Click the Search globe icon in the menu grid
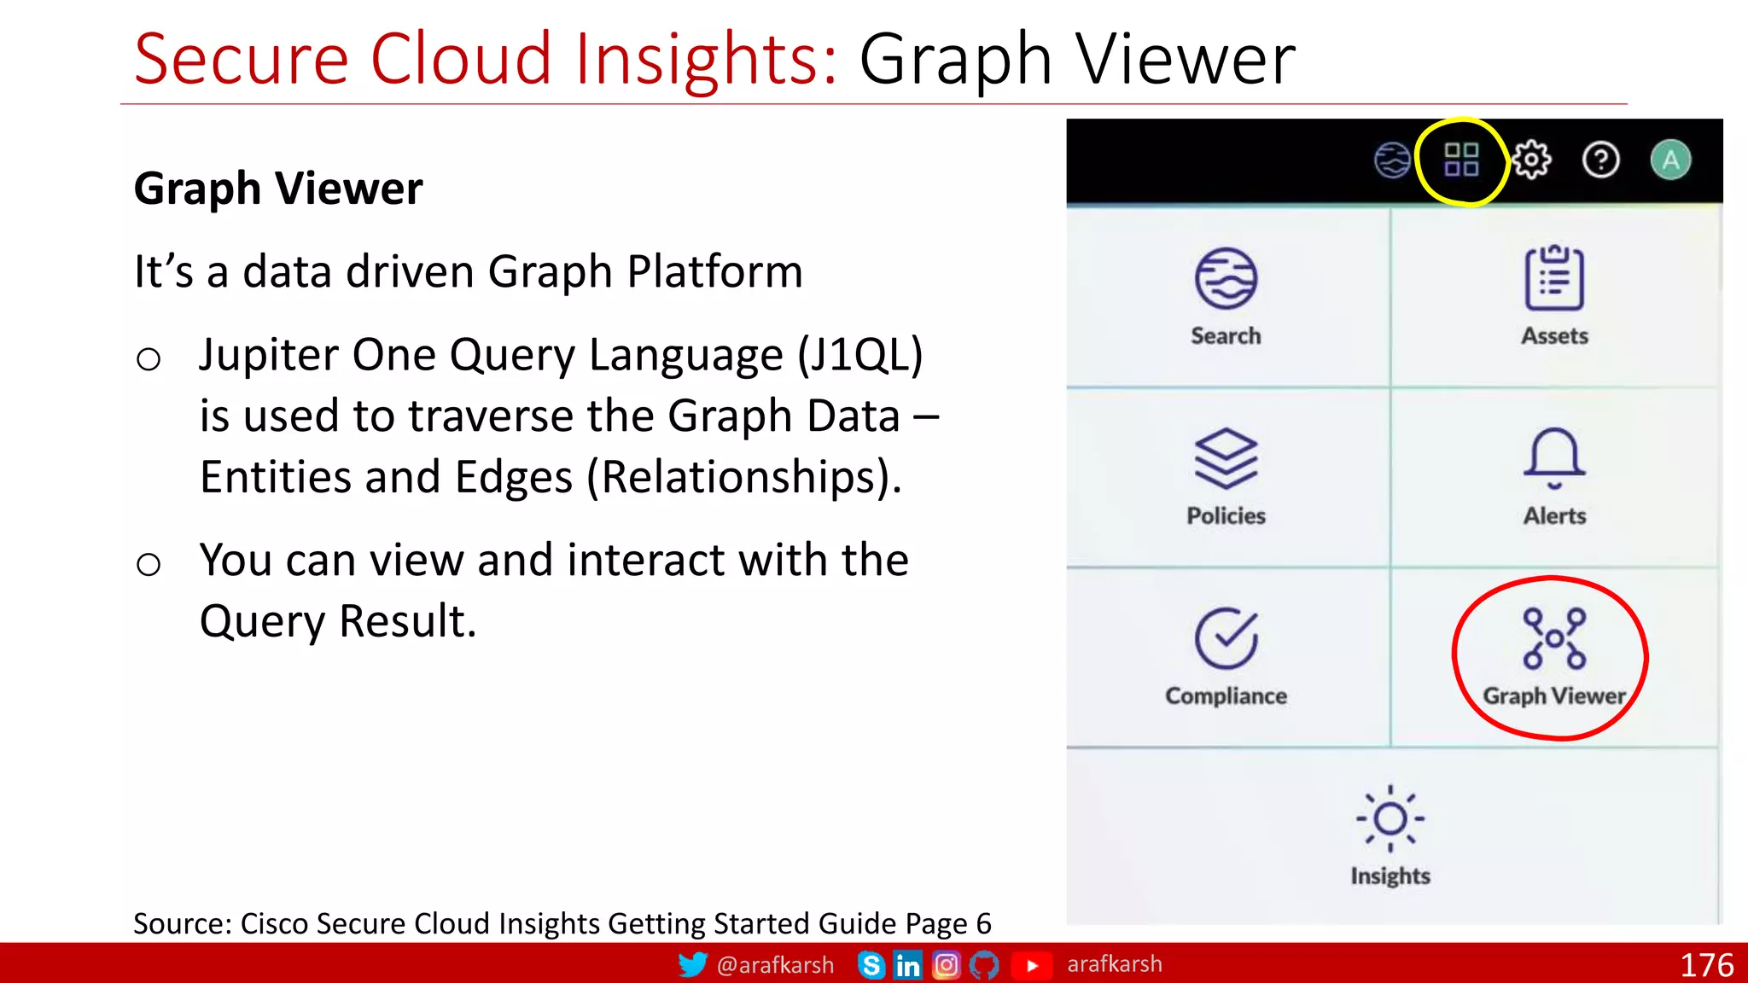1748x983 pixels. tap(1226, 278)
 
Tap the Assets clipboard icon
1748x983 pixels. tap(1554, 278)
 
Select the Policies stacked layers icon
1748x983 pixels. tap(1226, 458)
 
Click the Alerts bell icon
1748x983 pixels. tap(1554, 458)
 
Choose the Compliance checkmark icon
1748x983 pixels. tap(1226, 638)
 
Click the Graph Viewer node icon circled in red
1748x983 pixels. tap(1554, 638)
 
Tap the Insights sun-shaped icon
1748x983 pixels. tap(1390, 818)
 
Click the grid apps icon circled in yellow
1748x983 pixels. tap(1460, 160)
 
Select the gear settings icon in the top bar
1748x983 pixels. tap(1532, 160)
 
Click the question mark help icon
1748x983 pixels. tap(1600, 160)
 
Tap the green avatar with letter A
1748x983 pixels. tap(1670, 160)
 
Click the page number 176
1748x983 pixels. tap(1706, 965)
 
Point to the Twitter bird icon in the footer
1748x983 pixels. tap(692, 964)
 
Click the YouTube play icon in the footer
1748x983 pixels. tap(1032, 965)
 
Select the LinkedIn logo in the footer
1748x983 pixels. tap(907, 965)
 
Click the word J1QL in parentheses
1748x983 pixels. tap(860, 355)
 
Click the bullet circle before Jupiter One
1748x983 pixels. tap(149, 359)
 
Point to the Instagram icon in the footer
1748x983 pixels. tap(946, 965)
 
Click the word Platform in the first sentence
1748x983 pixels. tap(714, 272)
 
